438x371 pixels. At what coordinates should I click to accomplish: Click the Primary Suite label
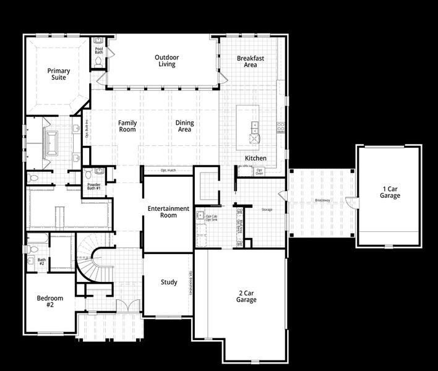point(59,74)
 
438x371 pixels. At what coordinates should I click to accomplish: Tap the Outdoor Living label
point(166,61)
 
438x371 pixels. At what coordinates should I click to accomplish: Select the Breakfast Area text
point(251,61)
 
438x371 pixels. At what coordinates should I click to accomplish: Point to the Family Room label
point(127,126)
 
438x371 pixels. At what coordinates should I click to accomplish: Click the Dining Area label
point(184,126)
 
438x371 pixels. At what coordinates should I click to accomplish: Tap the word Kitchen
point(255,158)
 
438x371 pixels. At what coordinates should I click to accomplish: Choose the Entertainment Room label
point(168,212)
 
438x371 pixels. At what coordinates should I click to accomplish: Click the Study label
point(169,283)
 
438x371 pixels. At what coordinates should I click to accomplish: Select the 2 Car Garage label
point(246,296)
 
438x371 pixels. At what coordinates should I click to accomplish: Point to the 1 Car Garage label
point(390,192)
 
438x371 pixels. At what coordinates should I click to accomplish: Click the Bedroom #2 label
point(50,301)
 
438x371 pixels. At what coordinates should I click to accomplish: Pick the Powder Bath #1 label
point(94,187)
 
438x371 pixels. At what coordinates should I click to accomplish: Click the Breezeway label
point(322,201)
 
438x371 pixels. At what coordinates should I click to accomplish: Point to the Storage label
point(267,210)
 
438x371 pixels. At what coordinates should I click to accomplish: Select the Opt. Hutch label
point(168,171)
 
